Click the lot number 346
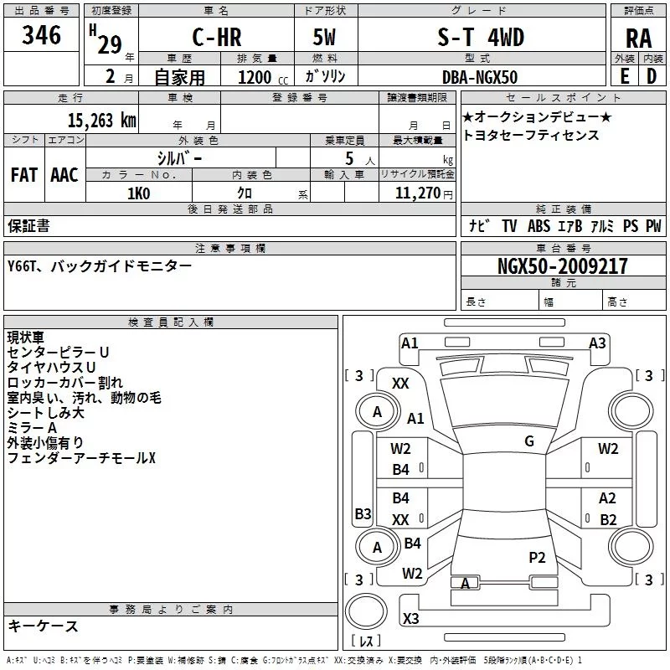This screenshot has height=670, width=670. pyautogui.click(x=41, y=35)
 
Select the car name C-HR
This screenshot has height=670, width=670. pyautogui.click(x=217, y=37)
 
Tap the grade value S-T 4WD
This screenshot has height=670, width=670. pyautogui.click(x=481, y=37)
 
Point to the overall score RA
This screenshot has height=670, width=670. pyautogui.click(x=639, y=39)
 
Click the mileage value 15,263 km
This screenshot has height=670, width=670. pyautogui.click(x=101, y=121)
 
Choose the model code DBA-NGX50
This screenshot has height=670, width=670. pyautogui.click(x=480, y=77)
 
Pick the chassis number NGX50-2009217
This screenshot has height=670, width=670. pyautogui.click(x=563, y=266)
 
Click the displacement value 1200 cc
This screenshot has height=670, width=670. pyautogui.click(x=263, y=77)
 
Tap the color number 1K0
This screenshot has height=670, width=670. pyautogui.click(x=139, y=193)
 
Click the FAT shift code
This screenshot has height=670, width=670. pyautogui.click(x=24, y=175)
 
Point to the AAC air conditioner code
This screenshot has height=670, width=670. pyautogui.click(x=64, y=175)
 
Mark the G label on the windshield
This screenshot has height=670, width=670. pyautogui.click(x=529, y=441)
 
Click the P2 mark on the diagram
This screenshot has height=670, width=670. pyautogui.click(x=537, y=557)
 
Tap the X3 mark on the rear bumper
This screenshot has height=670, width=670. pyautogui.click(x=410, y=618)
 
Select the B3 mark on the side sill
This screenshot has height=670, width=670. pyautogui.click(x=363, y=513)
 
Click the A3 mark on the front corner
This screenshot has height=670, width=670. pyautogui.click(x=597, y=343)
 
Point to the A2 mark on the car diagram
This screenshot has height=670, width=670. pyautogui.click(x=607, y=498)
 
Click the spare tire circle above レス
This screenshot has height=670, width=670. pyautogui.click(x=366, y=611)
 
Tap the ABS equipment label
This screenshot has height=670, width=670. pyautogui.click(x=539, y=225)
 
